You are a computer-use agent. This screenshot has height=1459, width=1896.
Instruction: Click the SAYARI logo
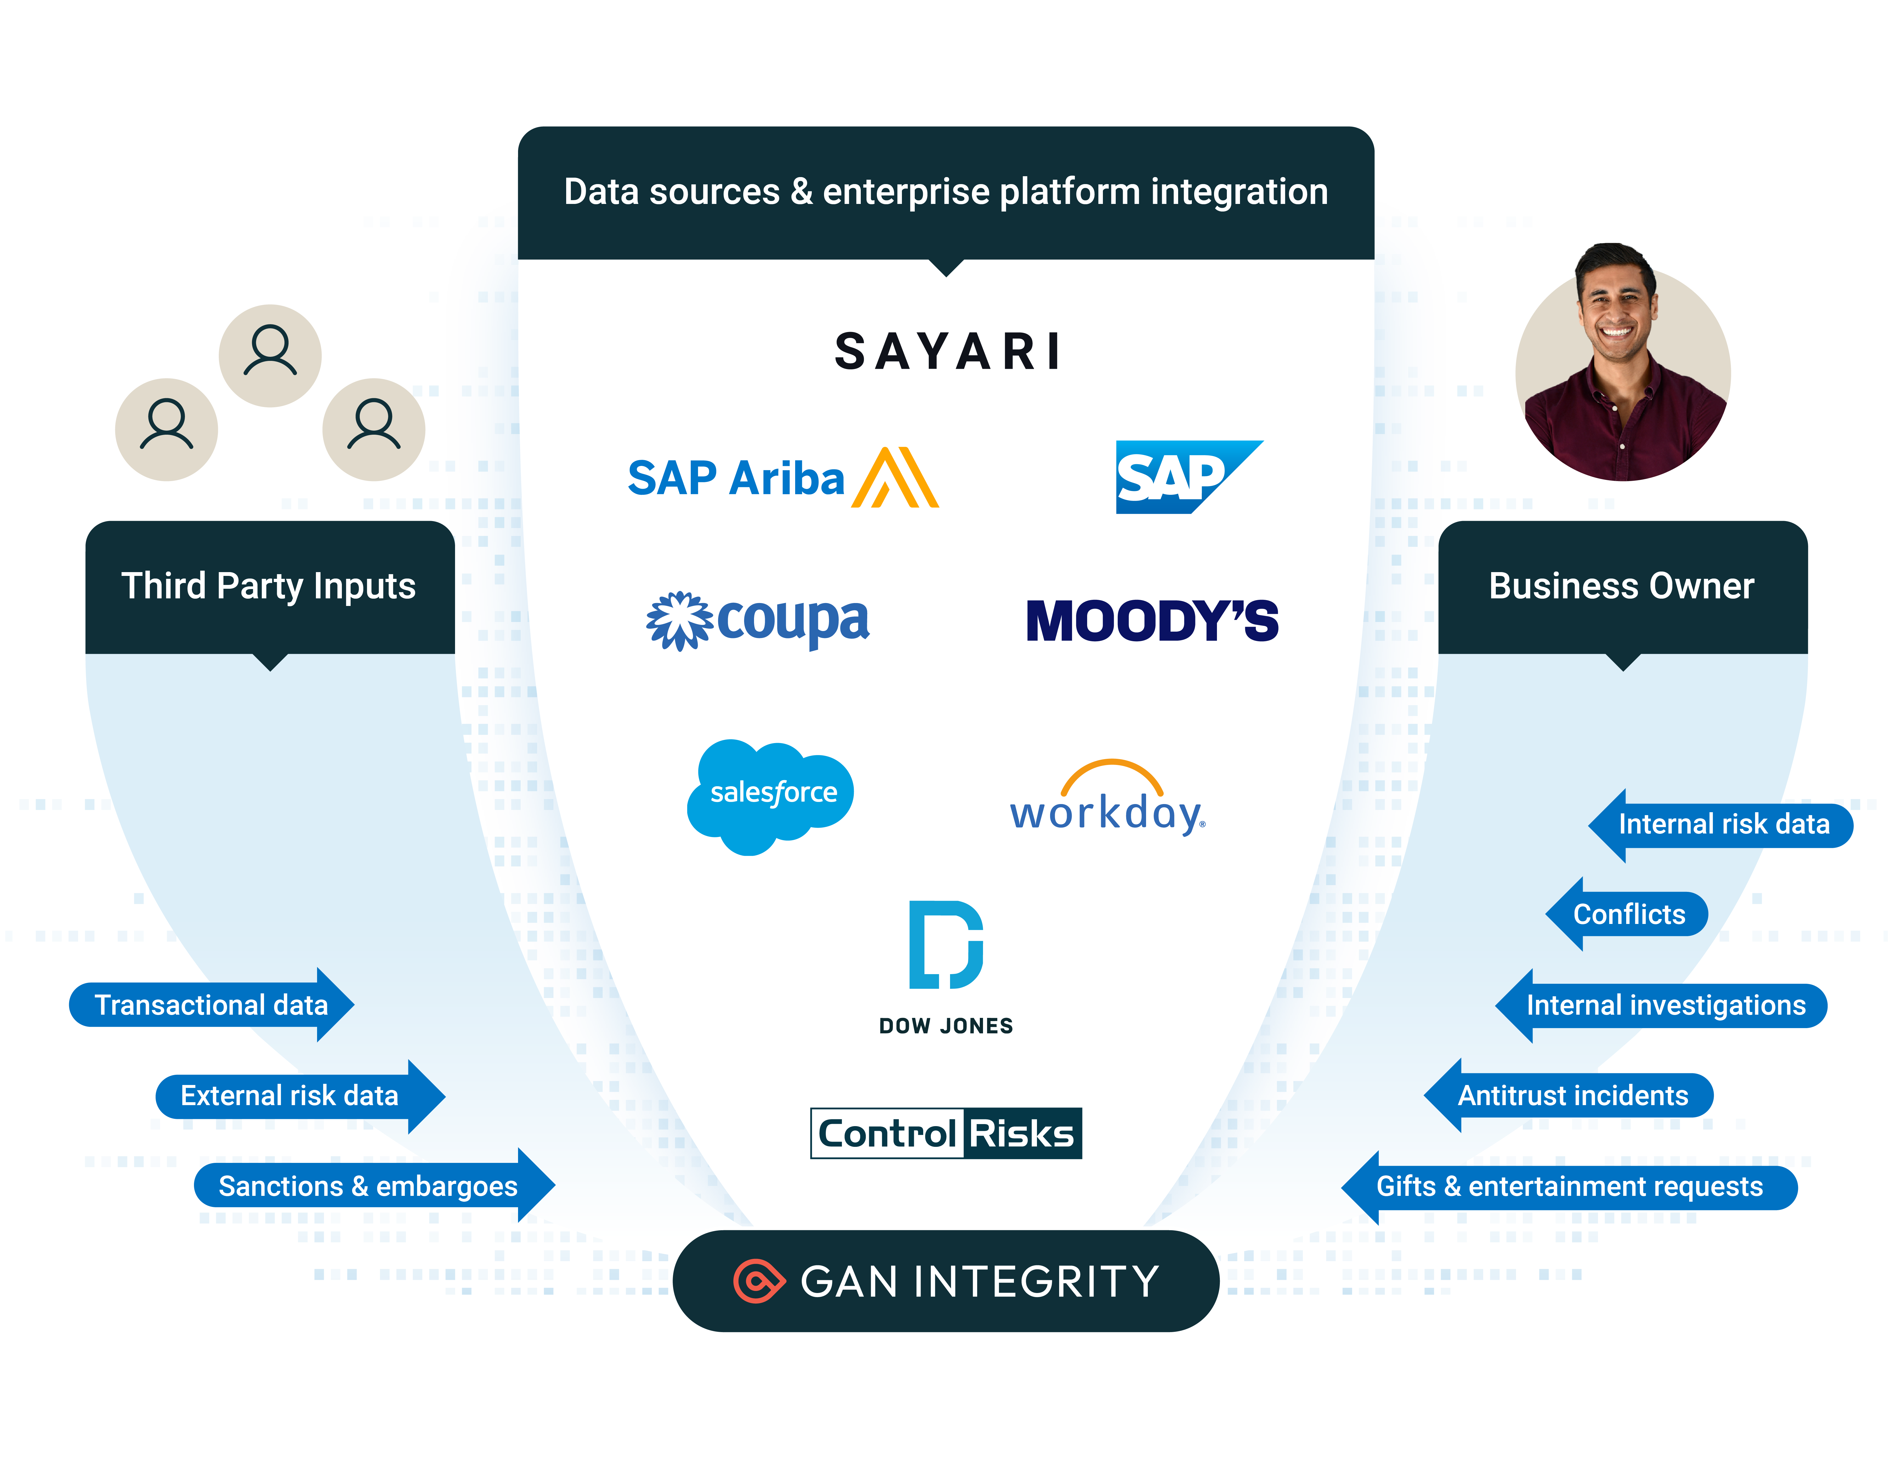(946, 352)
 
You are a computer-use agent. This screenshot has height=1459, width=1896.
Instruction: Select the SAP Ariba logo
(781, 478)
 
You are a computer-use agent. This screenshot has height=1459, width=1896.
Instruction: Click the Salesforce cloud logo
(770, 795)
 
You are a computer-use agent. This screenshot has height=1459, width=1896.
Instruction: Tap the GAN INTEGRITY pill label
(946, 1281)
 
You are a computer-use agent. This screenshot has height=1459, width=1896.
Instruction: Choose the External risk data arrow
(295, 1095)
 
